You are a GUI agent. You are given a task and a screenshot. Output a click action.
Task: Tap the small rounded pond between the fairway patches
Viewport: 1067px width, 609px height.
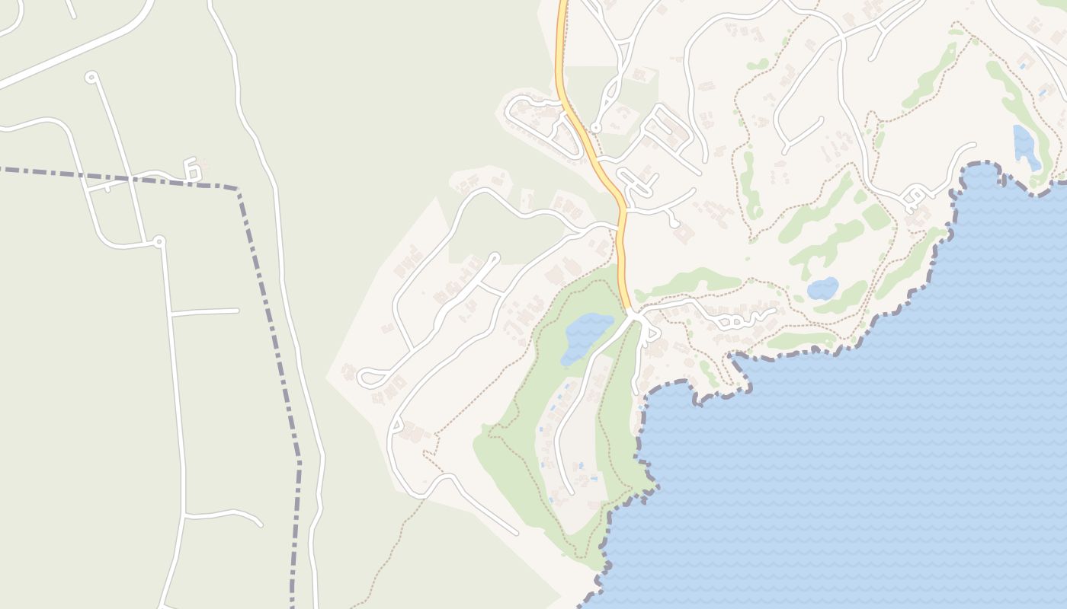click(822, 289)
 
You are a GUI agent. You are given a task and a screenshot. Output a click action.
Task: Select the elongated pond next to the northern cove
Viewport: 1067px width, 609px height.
click(1026, 146)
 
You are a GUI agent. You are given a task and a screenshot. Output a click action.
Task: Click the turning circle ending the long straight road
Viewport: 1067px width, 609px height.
click(91, 77)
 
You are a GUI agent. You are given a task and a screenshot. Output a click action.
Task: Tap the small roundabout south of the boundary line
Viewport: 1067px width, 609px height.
click(159, 241)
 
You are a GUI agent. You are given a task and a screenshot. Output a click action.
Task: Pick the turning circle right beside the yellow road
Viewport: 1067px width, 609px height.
click(595, 128)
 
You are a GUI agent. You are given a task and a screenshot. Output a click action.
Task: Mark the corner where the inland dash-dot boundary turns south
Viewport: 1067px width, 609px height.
click(239, 188)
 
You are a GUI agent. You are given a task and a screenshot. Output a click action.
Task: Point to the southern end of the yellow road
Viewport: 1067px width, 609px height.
click(630, 311)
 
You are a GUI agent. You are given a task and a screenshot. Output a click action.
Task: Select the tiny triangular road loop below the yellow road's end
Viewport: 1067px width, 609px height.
click(650, 333)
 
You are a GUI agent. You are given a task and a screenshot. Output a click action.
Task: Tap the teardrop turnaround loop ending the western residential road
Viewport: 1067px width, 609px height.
click(370, 377)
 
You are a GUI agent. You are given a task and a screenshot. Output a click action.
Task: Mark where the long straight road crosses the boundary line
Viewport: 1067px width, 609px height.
click(131, 180)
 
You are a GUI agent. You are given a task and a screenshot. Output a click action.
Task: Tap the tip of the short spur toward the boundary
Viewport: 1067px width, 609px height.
click(238, 310)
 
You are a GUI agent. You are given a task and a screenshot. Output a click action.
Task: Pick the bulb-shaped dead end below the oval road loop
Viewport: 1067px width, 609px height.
click(674, 223)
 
